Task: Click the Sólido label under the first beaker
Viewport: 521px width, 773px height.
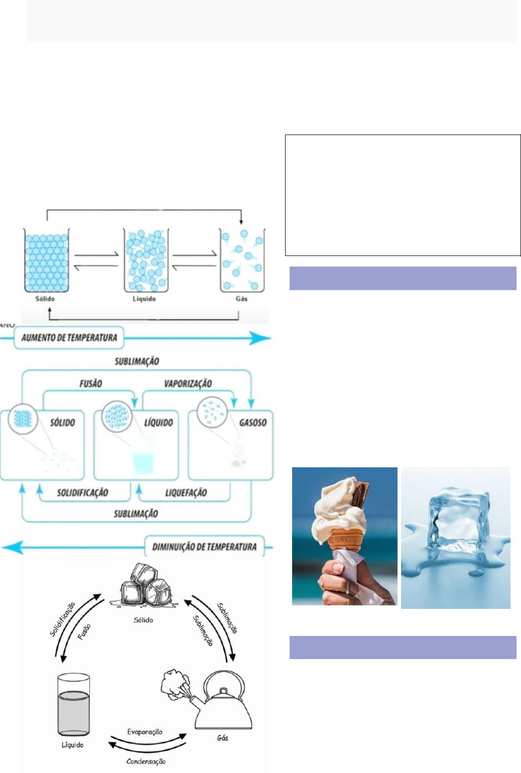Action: point(45,299)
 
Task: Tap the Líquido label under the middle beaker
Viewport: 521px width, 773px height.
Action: point(144,299)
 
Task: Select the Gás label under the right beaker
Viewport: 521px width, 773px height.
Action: point(241,299)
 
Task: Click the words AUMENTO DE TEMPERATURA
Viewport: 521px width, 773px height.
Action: point(69,338)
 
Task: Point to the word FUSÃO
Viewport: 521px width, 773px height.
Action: point(90,384)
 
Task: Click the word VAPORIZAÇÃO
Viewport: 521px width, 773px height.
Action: point(188,384)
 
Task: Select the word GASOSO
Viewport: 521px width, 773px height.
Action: point(252,423)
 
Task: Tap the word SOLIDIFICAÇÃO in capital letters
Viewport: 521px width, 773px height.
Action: point(82,493)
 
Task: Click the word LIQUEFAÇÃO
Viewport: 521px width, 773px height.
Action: point(186,493)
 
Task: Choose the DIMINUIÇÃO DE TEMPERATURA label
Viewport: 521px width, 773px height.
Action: point(204,547)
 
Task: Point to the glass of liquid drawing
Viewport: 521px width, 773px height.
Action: point(74,705)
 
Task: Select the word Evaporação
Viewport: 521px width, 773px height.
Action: point(145,732)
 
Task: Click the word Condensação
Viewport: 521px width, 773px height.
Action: point(146,761)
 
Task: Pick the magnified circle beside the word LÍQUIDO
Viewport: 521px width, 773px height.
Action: point(116,416)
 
